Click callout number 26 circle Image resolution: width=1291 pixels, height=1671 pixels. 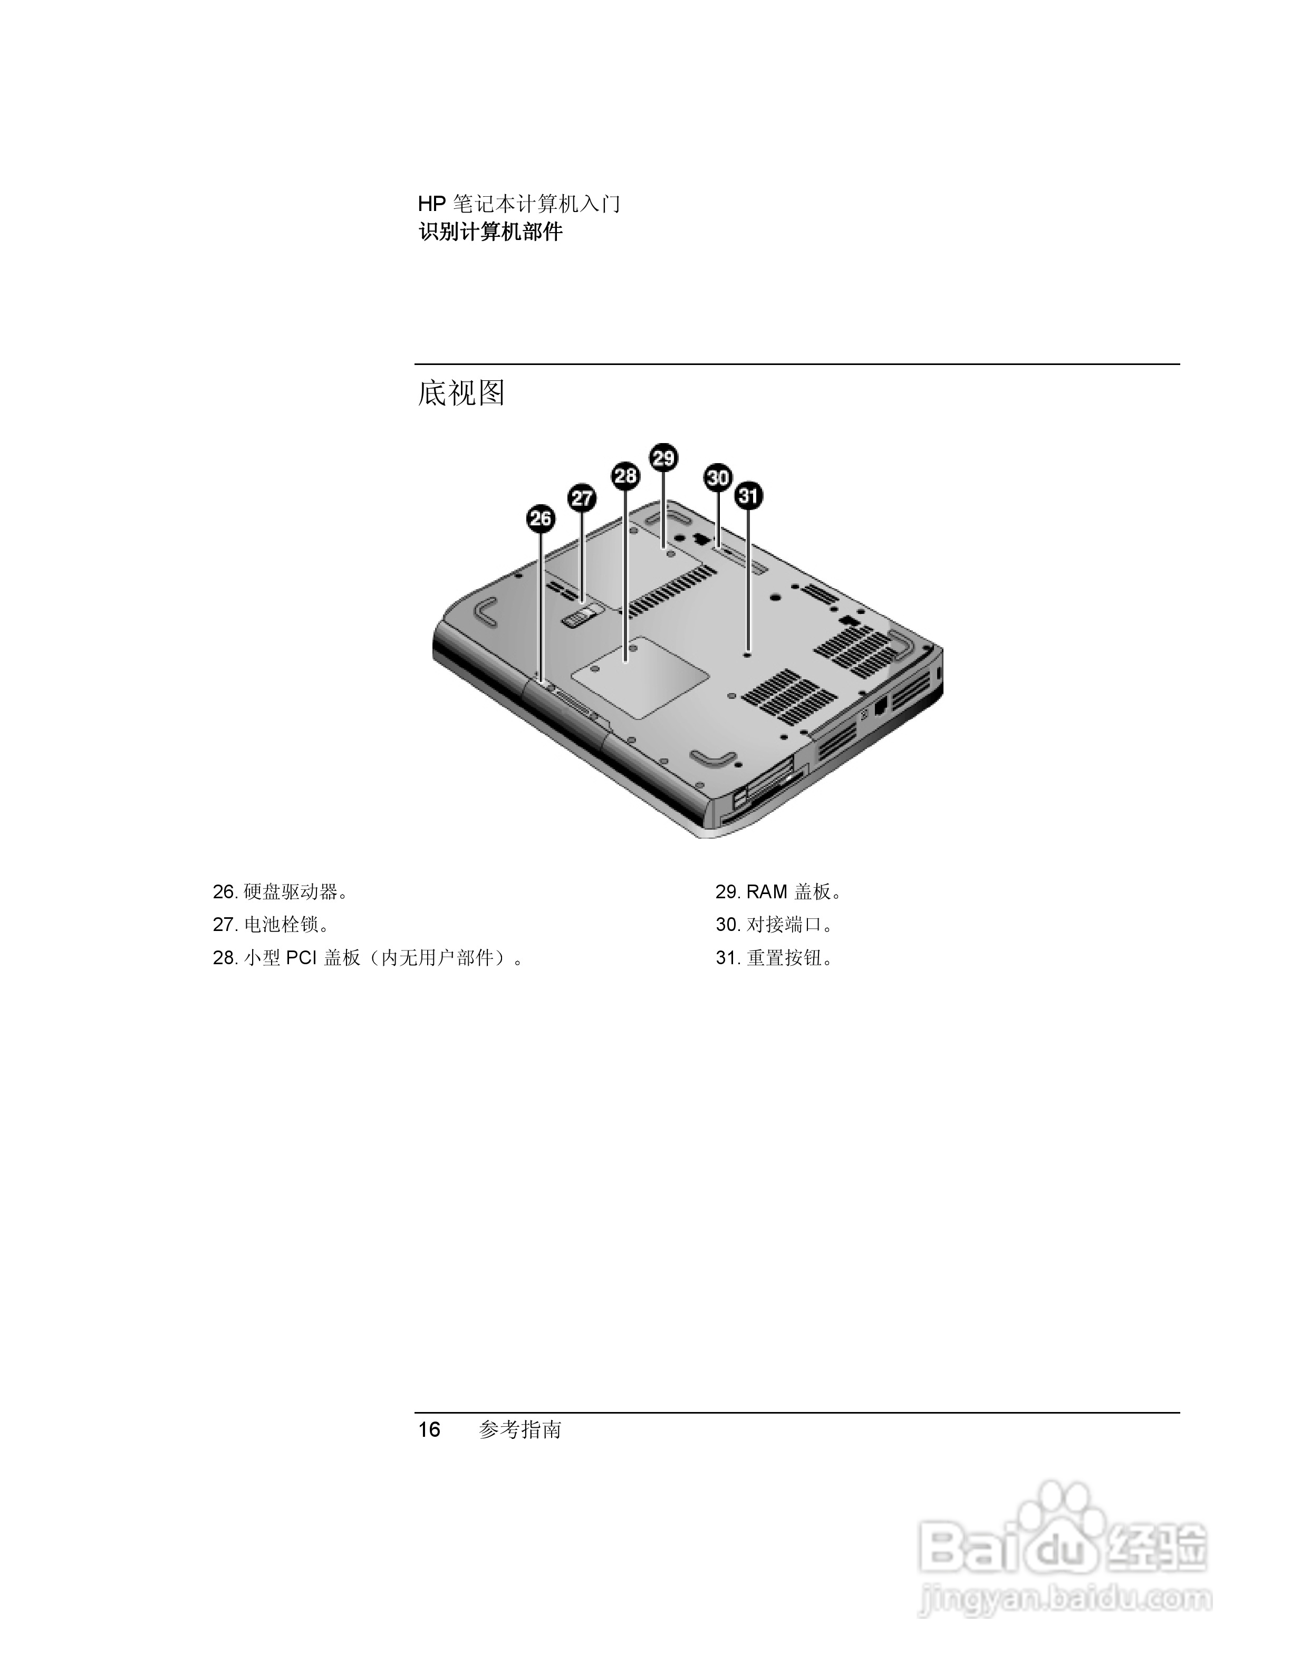tap(541, 518)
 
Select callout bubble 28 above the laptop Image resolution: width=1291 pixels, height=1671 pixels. tap(625, 476)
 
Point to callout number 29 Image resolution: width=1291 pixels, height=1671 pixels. tap(663, 457)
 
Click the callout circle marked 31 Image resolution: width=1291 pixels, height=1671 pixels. tap(748, 496)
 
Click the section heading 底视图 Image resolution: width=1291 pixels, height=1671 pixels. tap(461, 393)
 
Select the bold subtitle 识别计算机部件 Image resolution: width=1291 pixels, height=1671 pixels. tap(490, 232)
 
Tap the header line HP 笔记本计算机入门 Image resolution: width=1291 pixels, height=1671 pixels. tap(518, 204)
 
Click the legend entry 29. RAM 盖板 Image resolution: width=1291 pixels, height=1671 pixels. tap(778, 892)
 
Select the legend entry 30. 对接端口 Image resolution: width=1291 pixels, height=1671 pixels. tap(774, 925)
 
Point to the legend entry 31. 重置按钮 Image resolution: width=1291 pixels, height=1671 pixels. tap(774, 958)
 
